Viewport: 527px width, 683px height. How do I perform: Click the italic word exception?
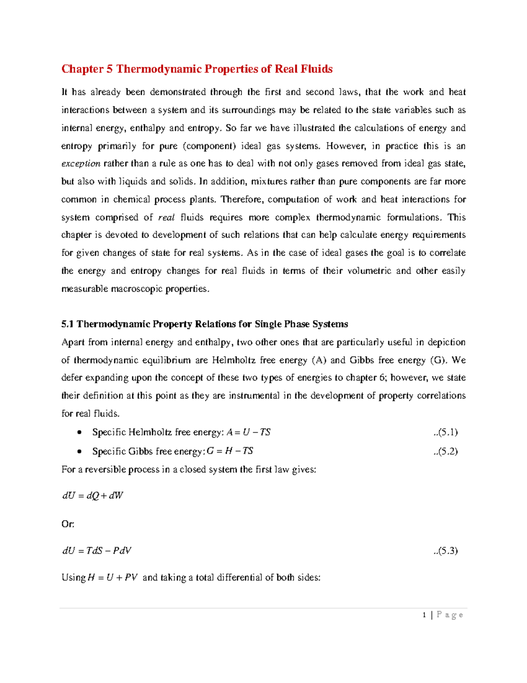tap(81, 164)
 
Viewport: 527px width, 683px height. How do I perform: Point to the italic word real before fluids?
tap(166, 217)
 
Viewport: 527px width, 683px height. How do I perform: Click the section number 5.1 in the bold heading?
tap(68, 324)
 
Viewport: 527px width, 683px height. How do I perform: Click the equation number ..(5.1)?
tap(445, 432)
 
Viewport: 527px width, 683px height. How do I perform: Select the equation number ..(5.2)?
tap(445, 451)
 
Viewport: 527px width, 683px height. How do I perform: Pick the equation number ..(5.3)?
tap(445, 551)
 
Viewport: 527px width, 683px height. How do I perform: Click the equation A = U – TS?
tap(249, 432)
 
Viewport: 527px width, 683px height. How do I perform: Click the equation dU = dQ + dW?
tap(93, 496)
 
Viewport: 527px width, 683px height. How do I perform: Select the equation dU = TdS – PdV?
tap(97, 551)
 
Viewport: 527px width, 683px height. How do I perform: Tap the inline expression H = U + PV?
tap(113, 577)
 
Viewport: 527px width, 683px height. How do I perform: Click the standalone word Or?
tap(68, 524)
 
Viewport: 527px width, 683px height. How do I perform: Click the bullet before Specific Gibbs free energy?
tap(79, 451)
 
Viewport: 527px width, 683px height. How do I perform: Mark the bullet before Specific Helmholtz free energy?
tap(79, 432)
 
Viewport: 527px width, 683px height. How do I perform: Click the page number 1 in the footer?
tap(424, 615)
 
